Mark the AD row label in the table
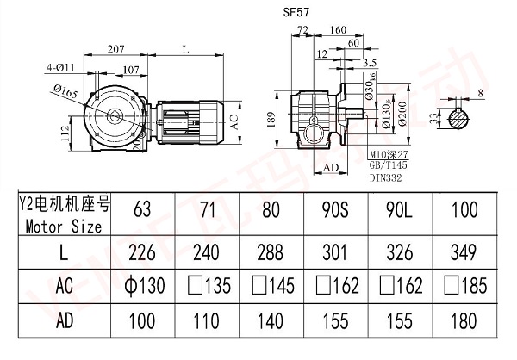click(64, 320)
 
